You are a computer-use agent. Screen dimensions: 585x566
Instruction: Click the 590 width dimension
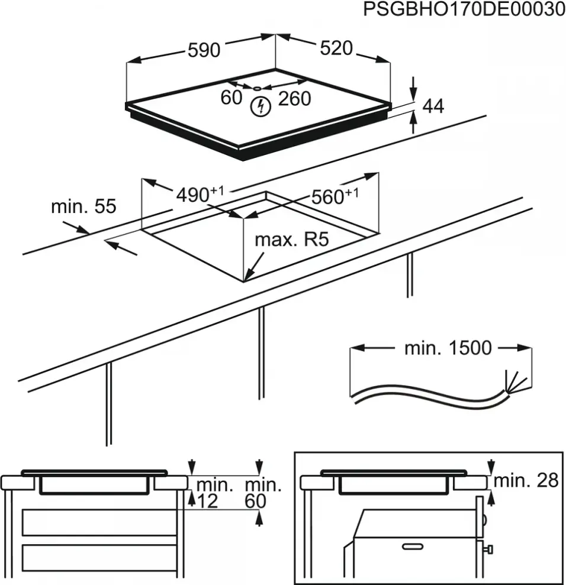tap(204, 51)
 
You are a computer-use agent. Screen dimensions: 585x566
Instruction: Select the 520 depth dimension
tap(336, 49)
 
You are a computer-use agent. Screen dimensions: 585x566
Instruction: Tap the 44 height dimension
tap(433, 106)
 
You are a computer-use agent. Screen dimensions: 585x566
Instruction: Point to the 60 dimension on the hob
tap(231, 98)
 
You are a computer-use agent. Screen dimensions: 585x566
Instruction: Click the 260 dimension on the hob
tap(294, 99)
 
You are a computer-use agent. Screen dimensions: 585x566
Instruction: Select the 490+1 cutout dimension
tap(200, 193)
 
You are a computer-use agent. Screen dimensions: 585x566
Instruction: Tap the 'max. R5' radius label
tap(291, 240)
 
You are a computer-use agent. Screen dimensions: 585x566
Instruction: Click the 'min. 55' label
tap(83, 206)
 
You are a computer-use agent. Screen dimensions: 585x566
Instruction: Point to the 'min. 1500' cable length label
tap(448, 348)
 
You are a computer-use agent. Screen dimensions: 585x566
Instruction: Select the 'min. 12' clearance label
tap(214, 493)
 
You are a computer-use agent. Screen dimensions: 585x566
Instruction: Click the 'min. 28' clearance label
tap(526, 481)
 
